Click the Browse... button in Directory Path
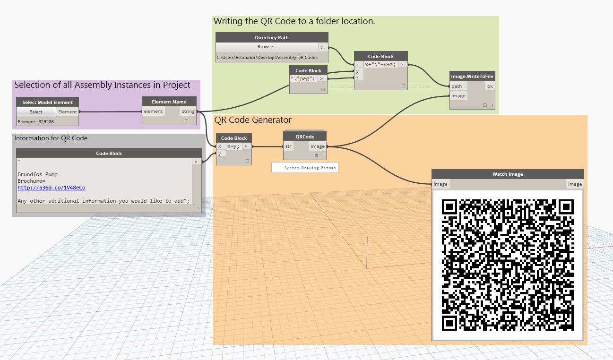click(267, 47)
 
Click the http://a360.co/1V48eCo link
click(51, 188)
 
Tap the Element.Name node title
click(169, 102)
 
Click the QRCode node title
click(305, 137)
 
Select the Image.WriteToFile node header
click(472, 76)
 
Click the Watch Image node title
click(508, 174)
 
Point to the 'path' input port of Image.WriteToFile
click(457, 86)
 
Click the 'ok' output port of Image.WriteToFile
click(490, 86)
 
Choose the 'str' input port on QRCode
click(288, 146)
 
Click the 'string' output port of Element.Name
click(188, 111)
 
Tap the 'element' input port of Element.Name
click(153, 111)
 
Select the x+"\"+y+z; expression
click(380, 64)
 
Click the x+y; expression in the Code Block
click(233, 146)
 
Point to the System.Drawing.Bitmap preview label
click(305, 168)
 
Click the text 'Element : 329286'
click(36, 121)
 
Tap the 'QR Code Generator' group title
click(253, 120)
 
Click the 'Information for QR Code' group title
click(51, 138)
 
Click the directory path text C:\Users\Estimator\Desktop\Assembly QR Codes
click(267, 58)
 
